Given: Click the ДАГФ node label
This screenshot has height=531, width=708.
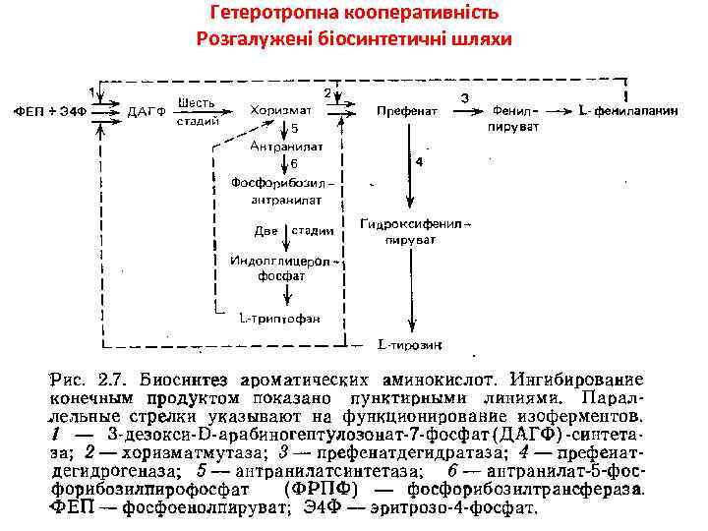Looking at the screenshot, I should point(141,111).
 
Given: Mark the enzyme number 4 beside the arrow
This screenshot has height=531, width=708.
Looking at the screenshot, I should point(420,160).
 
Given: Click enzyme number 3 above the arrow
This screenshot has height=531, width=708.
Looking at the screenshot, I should point(464,97).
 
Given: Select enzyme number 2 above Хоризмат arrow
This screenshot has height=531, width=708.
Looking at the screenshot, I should point(327,92).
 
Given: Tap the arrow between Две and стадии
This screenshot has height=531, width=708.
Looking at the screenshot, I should point(285,231).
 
